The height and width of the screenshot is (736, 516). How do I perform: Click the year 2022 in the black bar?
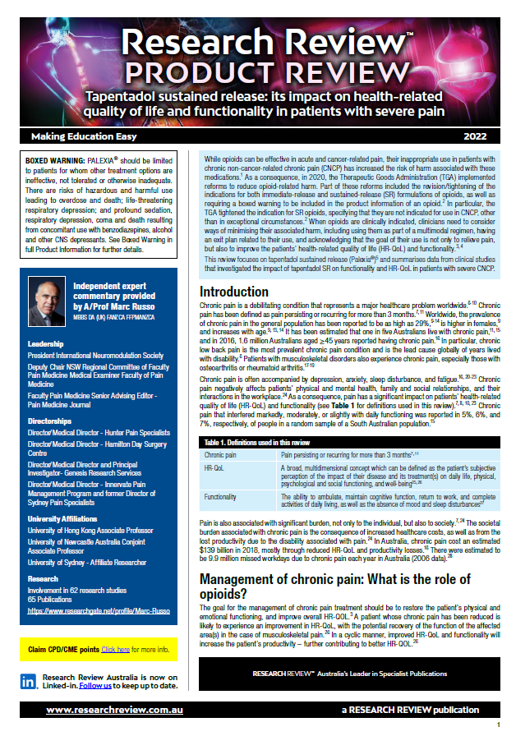click(x=476, y=136)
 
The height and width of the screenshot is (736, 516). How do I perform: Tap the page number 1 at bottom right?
click(x=499, y=726)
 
